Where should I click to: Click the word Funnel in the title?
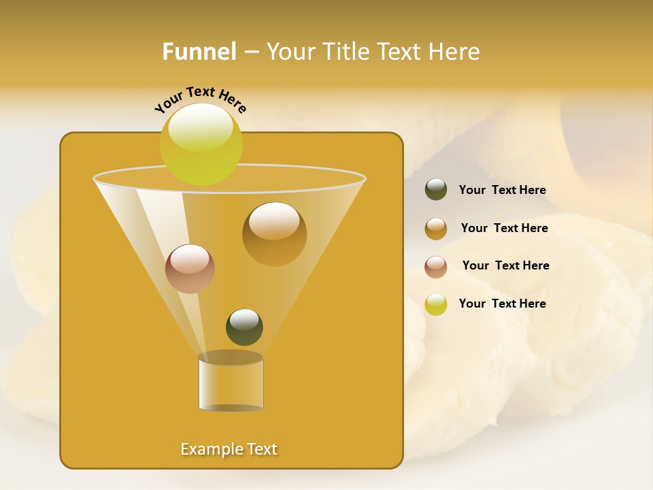pos(199,52)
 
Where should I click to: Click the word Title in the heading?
pos(346,52)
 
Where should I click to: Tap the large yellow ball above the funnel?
pos(201,145)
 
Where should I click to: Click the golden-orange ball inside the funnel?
pos(274,234)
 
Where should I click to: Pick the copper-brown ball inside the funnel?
pos(190,269)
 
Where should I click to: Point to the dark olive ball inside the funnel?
pos(244,327)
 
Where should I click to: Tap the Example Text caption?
pos(229,449)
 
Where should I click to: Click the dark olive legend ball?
pos(436,190)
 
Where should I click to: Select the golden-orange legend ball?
pos(436,229)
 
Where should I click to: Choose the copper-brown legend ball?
pos(436,267)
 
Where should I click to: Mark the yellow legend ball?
pos(436,304)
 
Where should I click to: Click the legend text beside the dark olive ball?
pos(502,191)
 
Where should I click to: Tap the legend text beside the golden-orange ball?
pos(504,229)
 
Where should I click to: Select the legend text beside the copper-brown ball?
pos(505,266)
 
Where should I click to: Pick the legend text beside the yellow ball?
pos(502,304)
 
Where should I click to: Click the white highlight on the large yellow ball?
pos(201,128)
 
